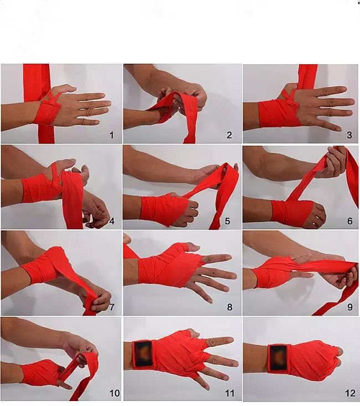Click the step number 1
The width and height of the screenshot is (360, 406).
pyautogui.click(x=112, y=135)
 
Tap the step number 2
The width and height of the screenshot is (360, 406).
pyautogui.click(x=229, y=135)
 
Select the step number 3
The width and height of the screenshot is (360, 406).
pyautogui.click(x=349, y=135)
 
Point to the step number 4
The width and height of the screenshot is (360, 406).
pyautogui.click(x=112, y=222)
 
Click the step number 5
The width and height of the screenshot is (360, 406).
pyautogui.click(x=228, y=221)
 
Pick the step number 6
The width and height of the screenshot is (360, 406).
pyautogui.click(x=350, y=221)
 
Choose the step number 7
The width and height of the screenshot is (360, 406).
pyautogui.click(x=112, y=307)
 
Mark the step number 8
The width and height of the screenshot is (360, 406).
pyautogui.click(x=230, y=307)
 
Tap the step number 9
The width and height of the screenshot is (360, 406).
pyautogui.click(x=350, y=307)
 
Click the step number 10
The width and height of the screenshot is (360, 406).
pyautogui.click(x=115, y=393)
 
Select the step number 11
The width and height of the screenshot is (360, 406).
pyautogui.click(x=230, y=393)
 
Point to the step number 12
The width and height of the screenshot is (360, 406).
pyautogui.click(x=350, y=393)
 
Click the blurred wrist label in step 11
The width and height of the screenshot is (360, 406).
pyautogui.click(x=143, y=354)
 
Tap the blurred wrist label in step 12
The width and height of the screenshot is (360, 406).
pyautogui.click(x=278, y=358)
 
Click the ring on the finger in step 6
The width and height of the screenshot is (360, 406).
pyautogui.click(x=314, y=224)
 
